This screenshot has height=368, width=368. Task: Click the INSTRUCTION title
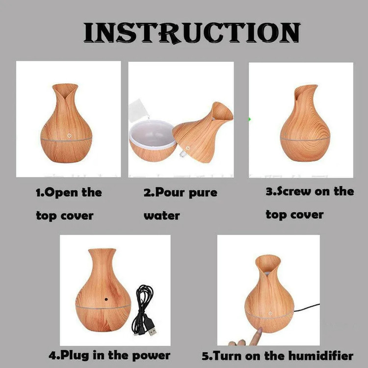pyautogui.click(x=192, y=32)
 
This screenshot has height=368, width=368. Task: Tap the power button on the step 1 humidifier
pyautogui.click(x=69, y=135)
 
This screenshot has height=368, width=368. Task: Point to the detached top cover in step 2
pyautogui.click(x=203, y=132)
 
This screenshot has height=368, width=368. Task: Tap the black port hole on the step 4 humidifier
pyautogui.click(x=106, y=299)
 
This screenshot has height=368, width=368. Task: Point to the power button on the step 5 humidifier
pyautogui.click(x=270, y=314)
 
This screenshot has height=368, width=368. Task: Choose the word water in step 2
pyautogui.click(x=162, y=216)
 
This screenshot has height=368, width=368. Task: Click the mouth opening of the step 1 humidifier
pyautogui.click(x=65, y=87)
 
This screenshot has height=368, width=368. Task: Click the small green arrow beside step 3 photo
pyautogui.click(x=249, y=119)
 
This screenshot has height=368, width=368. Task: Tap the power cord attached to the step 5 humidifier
pyautogui.click(x=307, y=308)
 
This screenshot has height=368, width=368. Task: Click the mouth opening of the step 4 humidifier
pyautogui.click(x=102, y=250)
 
